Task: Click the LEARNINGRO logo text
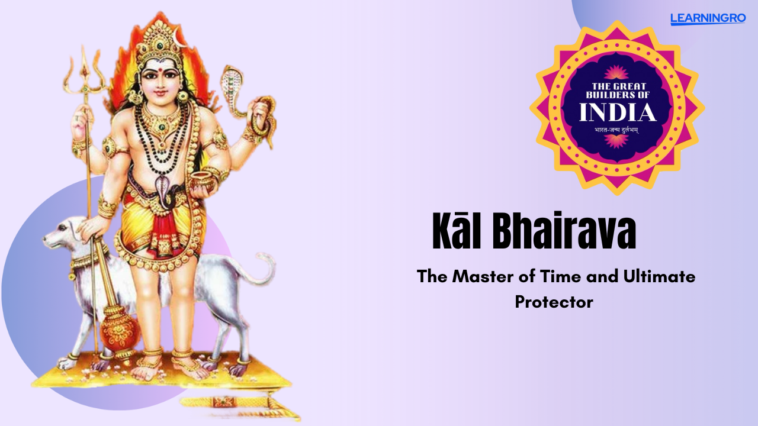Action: pos(708,18)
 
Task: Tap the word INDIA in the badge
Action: pos(618,112)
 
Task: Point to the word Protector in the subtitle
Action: pos(554,302)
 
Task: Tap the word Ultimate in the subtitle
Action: pos(660,277)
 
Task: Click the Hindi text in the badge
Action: pos(617,131)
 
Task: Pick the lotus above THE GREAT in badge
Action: pos(616,73)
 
